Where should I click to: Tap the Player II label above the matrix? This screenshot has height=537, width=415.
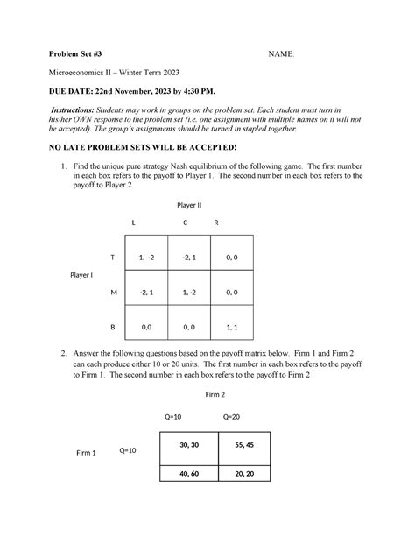(189, 204)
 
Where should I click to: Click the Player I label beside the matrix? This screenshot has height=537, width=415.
(81, 275)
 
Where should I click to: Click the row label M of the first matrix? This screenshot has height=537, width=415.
(112, 292)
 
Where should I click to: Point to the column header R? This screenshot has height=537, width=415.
(216, 223)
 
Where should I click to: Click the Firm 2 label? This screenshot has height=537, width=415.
(215, 395)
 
